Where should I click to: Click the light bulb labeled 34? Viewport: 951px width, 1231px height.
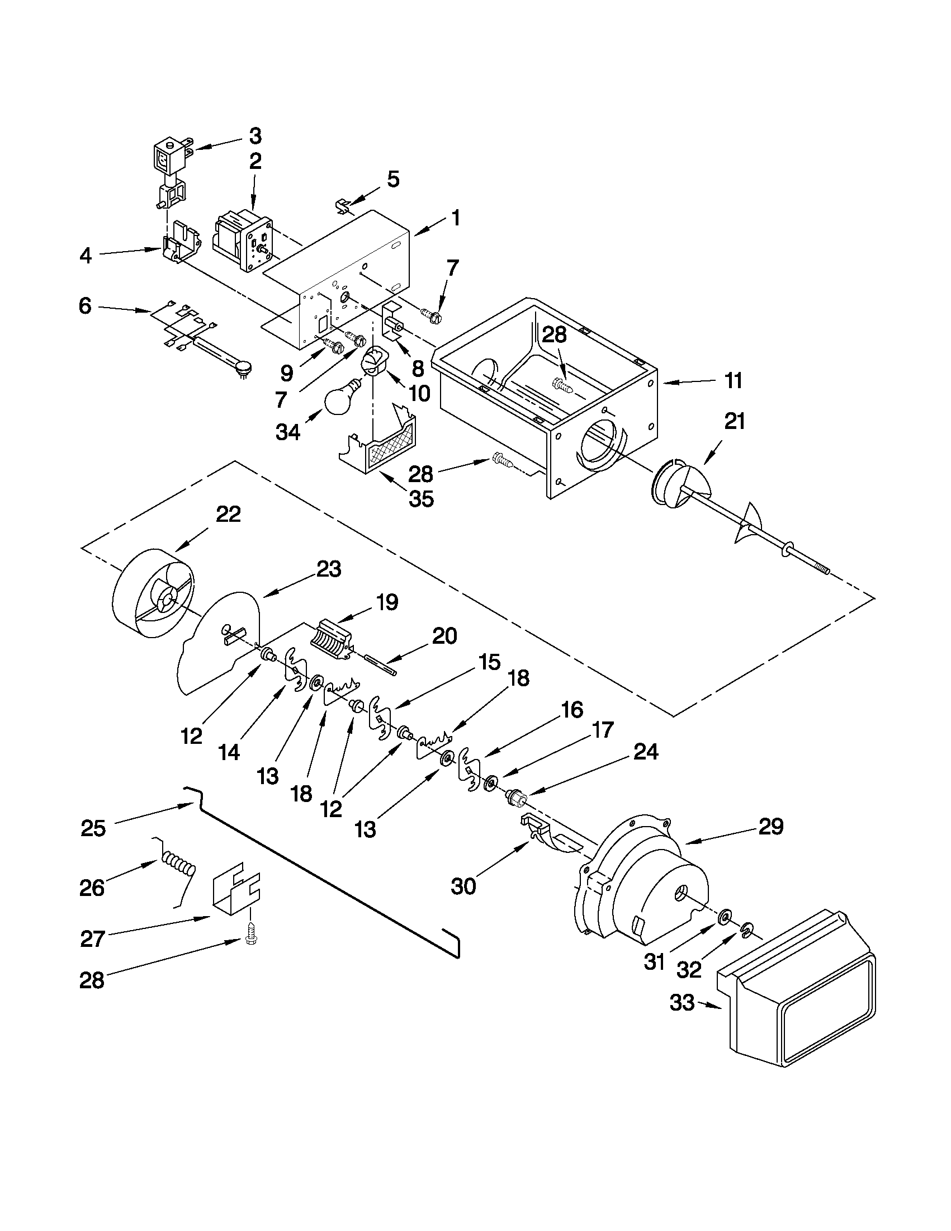click(x=343, y=400)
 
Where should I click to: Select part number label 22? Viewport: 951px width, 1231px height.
click(x=229, y=514)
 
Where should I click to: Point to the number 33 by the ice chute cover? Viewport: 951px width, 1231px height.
click(x=682, y=1003)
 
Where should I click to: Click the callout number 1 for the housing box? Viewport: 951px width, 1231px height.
click(x=456, y=218)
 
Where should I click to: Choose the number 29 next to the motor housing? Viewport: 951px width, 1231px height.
click(x=771, y=827)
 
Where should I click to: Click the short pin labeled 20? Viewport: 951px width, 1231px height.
click(x=382, y=663)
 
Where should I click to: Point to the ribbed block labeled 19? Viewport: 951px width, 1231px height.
click(x=333, y=639)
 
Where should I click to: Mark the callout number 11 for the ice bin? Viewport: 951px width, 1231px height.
click(x=733, y=380)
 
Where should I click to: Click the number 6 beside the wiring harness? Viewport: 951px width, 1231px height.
click(x=84, y=307)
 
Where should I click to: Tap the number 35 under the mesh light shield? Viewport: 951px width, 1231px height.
click(x=422, y=499)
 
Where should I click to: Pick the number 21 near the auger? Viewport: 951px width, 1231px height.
click(x=734, y=422)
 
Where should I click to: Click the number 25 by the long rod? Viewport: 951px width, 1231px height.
click(x=93, y=828)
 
